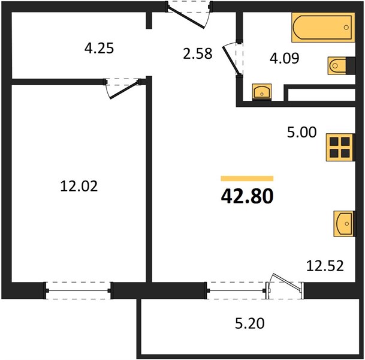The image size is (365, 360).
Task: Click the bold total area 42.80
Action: click(247, 196)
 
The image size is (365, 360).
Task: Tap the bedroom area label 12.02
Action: click(79, 187)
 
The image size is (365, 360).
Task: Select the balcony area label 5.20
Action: click(249, 323)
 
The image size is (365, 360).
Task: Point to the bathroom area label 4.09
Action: click(284, 58)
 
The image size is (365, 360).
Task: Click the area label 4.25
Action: click(99, 49)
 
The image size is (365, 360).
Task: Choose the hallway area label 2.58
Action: click(198, 53)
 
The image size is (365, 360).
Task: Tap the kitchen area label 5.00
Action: click(301, 132)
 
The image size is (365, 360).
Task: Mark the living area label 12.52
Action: click(325, 266)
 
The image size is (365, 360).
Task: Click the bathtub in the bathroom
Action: click(323, 28)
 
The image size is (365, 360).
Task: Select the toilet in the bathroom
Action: click(341, 66)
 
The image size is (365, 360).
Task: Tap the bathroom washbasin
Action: click(262, 92)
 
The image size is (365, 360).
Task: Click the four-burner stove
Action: click(340, 147)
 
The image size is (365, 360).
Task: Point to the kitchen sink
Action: click(344, 224)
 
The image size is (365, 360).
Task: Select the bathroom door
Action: click(233, 59)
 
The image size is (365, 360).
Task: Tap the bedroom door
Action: click(123, 89)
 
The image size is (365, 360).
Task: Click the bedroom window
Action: click(78, 290)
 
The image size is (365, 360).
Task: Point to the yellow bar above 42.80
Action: click(247, 178)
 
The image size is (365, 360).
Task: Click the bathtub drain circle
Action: click(346, 28)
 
